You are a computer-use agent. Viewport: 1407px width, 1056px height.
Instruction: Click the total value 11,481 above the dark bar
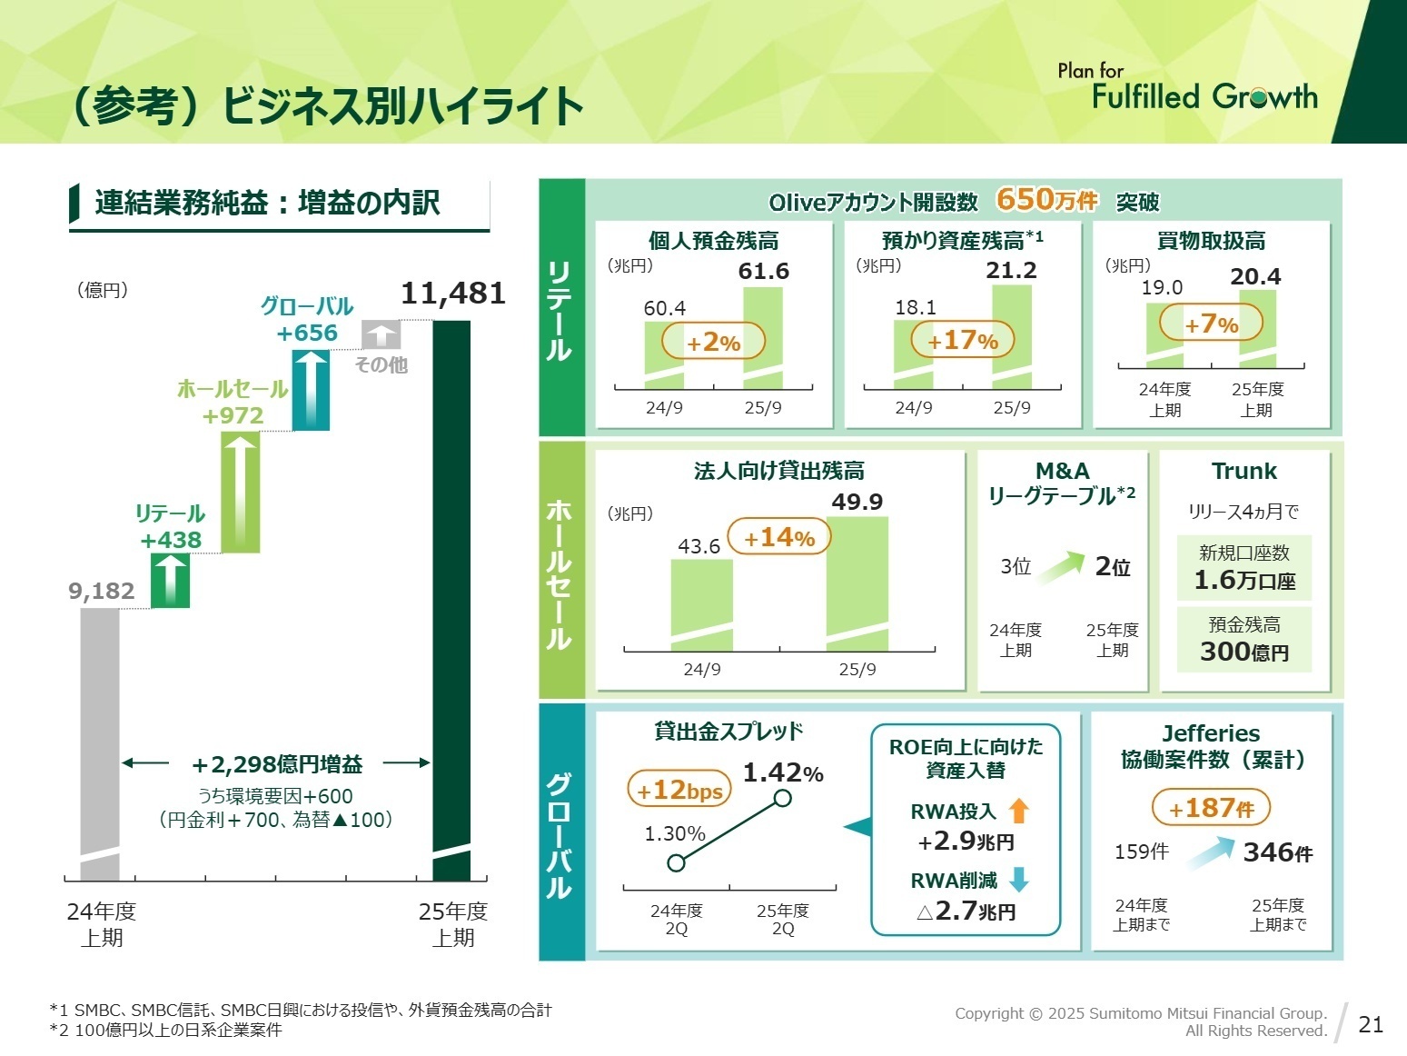click(452, 294)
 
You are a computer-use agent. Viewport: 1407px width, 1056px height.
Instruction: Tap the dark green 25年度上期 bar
click(451, 600)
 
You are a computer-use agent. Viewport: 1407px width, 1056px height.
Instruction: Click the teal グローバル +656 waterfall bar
click(311, 390)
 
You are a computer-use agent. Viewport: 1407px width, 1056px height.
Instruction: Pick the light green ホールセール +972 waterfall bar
click(241, 492)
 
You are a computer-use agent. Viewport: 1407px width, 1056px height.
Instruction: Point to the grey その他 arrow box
click(381, 334)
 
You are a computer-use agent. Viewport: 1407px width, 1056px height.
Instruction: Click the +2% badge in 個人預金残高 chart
click(713, 343)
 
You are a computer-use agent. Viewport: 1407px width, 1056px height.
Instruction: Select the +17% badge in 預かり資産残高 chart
click(962, 341)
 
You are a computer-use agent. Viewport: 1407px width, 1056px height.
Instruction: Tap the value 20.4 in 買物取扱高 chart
click(1255, 276)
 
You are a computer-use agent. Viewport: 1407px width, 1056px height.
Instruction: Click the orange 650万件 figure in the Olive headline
click(1046, 199)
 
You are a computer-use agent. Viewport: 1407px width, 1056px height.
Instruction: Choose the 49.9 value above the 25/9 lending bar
click(857, 502)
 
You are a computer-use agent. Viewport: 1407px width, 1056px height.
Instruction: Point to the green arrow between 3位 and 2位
click(1061, 567)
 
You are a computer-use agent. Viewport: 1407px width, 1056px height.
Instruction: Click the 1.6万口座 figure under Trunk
click(1244, 580)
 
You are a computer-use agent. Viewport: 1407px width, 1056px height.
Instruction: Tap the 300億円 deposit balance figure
click(1244, 652)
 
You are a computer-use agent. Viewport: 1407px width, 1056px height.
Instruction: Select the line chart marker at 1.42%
click(782, 798)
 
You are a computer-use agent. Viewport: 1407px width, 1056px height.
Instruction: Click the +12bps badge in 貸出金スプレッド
click(679, 790)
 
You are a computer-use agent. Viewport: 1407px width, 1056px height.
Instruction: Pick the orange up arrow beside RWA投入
click(1019, 811)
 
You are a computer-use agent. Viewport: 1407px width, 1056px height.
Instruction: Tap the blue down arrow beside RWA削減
click(1019, 879)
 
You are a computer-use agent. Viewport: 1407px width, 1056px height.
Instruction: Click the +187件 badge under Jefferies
click(1210, 808)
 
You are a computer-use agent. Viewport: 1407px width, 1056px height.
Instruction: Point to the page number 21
click(1370, 1024)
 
